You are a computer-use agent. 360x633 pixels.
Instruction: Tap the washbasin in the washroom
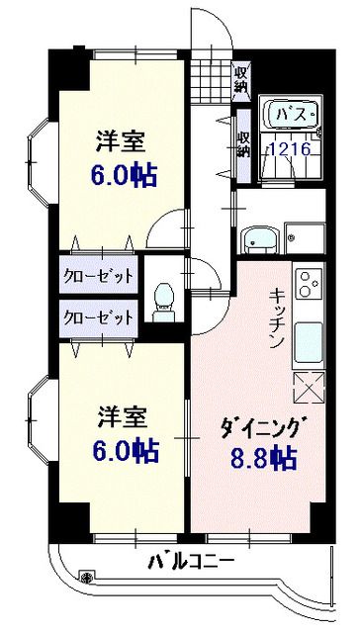(x=259, y=238)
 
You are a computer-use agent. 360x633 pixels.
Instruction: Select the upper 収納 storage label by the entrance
(x=240, y=77)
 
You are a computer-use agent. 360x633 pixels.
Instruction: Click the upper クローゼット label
(x=98, y=276)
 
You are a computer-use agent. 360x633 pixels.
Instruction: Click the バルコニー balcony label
(x=192, y=562)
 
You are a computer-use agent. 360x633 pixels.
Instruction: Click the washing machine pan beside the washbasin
(x=303, y=237)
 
